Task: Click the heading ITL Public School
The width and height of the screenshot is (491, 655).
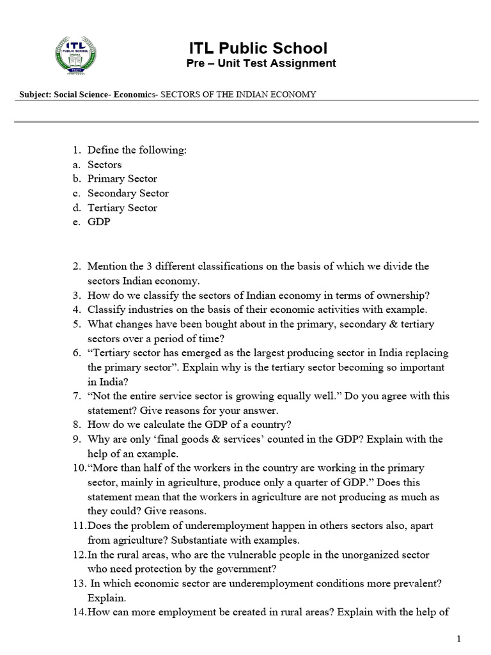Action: coord(258,48)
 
